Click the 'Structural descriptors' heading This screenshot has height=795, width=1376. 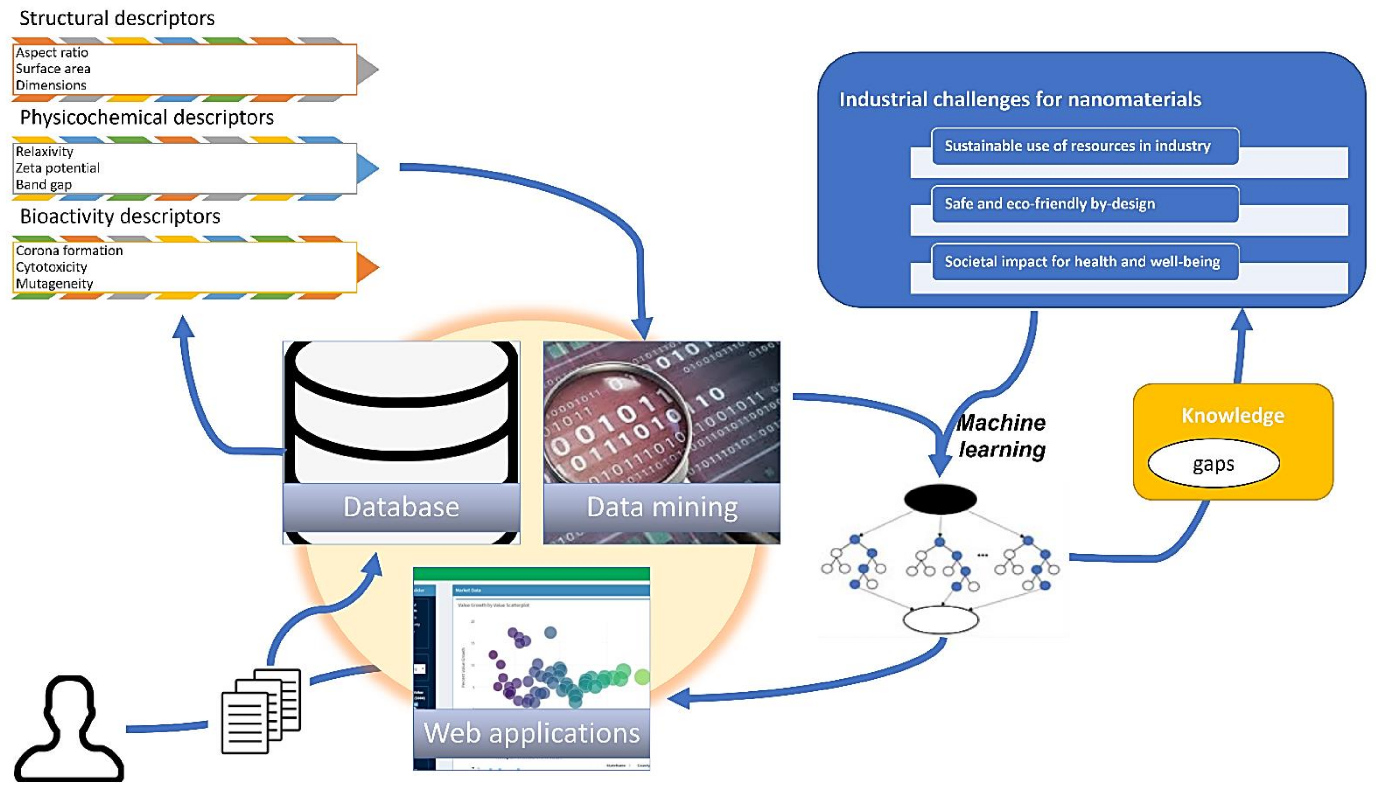click(x=117, y=19)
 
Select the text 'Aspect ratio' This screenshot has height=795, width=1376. click(x=52, y=53)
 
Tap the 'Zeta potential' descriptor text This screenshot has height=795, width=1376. click(x=57, y=168)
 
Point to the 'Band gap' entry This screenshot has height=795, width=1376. click(x=44, y=185)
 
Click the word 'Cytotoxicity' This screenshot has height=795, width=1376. click(x=51, y=267)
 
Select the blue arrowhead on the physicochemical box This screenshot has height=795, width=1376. click(x=367, y=168)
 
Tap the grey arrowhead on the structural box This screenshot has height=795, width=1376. click(x=367, y=69)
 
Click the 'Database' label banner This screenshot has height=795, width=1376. click(x=401, y=507)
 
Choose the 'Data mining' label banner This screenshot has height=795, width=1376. click(x=662, y=507)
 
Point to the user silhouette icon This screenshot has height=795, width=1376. click(x=69, y=729)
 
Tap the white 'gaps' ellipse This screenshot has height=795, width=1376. click(x=1213, y=464)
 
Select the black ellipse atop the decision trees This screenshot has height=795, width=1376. click(x=940, y=498)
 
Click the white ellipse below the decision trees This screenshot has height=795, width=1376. click(x=940, y=620)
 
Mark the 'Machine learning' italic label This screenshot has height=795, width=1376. click(x=1002, y=436)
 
